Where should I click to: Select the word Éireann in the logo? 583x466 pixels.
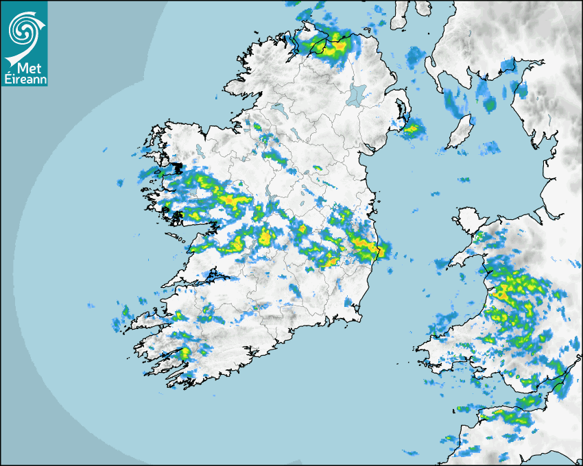click(x=24, y=78)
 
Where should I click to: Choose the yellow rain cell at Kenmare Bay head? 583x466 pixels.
click(x=185, y=353)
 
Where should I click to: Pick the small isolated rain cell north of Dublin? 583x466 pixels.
click(x=317, y=168)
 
